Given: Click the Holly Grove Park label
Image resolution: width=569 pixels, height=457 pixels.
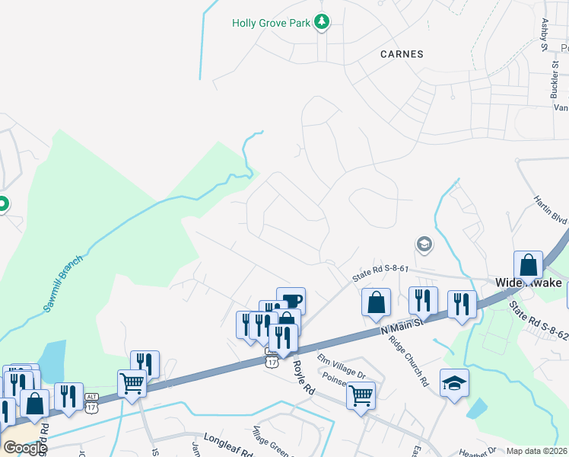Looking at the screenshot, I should tap(272, 23).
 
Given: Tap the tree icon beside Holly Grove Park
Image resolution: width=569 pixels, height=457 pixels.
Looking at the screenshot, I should tap(323, 22).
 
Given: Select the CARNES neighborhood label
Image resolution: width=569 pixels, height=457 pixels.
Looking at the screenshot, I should tap(401, 54).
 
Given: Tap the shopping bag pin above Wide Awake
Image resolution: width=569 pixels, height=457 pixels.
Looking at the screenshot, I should tap(528, 266).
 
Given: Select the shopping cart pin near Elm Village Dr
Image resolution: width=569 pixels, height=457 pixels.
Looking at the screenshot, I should tap(361, 395).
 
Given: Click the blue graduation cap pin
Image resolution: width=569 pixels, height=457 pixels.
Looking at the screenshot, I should tap(454, 382).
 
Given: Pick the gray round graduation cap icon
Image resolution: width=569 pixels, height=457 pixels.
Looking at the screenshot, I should tap(423, 244).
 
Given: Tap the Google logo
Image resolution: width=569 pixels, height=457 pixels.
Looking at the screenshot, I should tap(24, 448).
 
